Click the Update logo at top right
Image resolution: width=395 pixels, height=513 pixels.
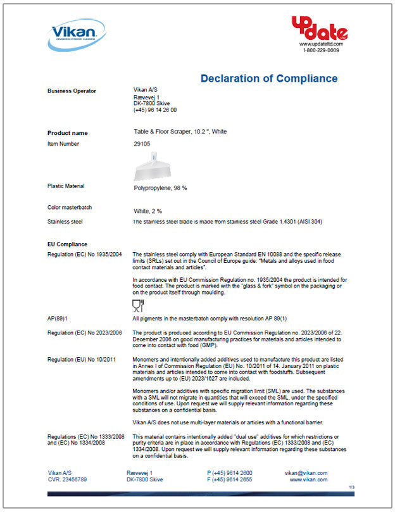point(319,28)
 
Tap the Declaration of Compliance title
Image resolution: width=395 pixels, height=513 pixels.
point(269,79)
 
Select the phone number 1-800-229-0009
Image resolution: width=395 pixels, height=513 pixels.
point(320,50)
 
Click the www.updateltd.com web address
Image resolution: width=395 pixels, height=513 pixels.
point(320,44)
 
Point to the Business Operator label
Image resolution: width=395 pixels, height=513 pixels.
point(72,91)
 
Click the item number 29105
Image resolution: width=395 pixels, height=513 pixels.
point(142,144)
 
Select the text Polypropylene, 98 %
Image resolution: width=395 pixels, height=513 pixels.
point(160,188)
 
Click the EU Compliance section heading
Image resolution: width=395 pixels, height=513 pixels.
point(67,244)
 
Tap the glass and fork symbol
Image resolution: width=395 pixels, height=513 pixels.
point(137,307)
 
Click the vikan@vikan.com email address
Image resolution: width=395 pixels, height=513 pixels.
point(306,473)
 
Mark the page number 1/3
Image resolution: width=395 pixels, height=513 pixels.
point(352,487)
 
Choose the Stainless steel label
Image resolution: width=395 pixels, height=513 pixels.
point(65,222)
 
